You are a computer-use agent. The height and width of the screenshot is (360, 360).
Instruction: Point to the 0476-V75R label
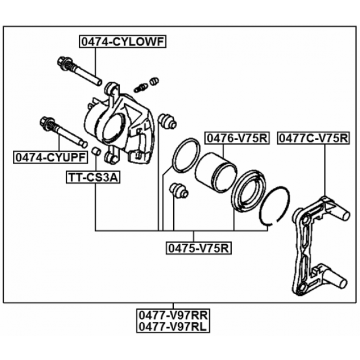[x=236, y=138]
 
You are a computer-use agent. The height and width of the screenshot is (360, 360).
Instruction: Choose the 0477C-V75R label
[x=313, y=138]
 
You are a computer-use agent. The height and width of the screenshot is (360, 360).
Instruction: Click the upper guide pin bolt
[x=79, y=71]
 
